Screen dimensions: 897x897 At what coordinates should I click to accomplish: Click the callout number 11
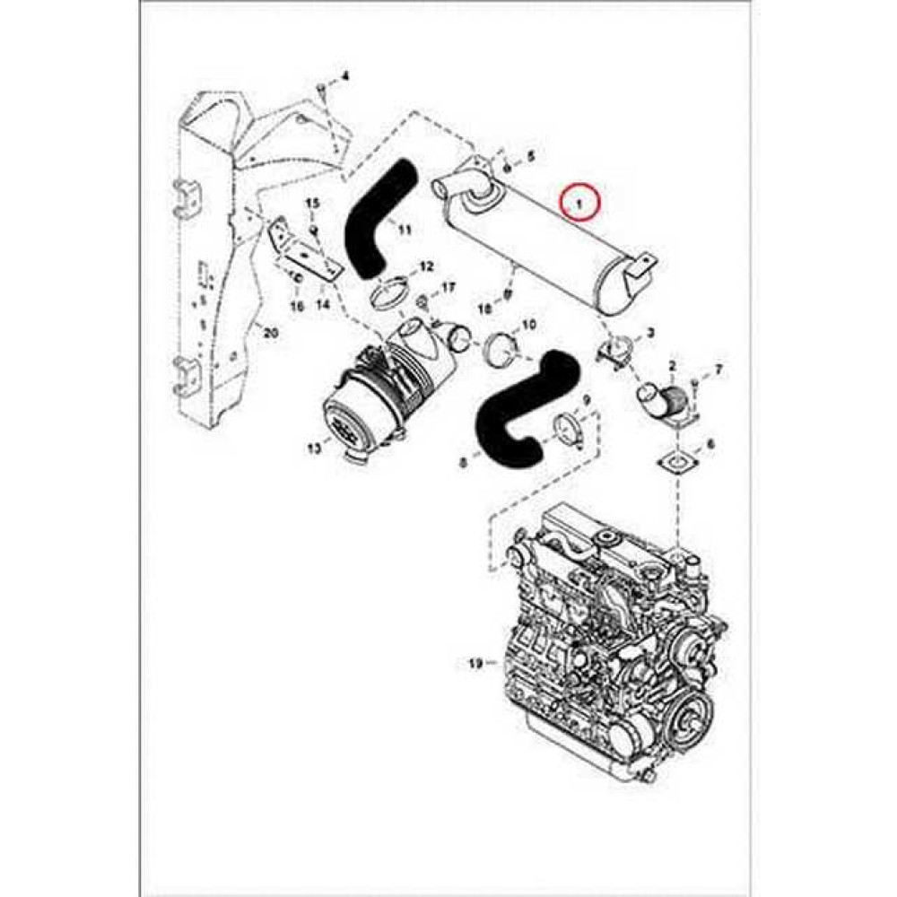tap(405, 231)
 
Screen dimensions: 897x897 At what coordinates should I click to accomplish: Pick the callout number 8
tap(463, 463)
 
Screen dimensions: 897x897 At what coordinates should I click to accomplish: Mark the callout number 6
tap(710, 444)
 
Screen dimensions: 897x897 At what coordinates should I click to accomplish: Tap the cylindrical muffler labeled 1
tap(547, 238)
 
